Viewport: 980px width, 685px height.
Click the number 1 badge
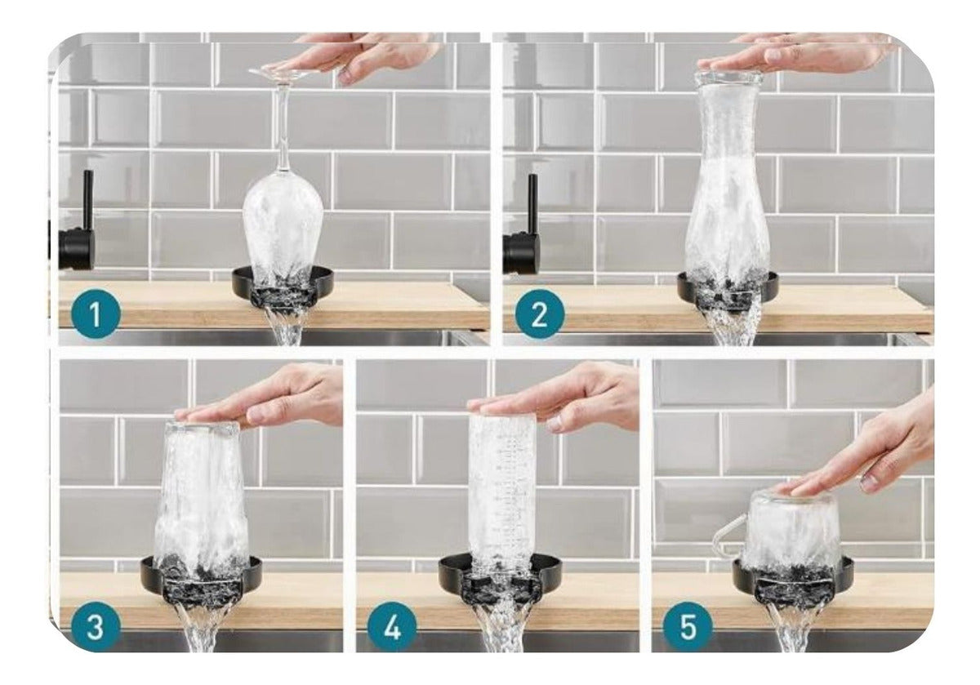click(95, 314)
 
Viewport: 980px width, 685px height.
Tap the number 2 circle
click(540, 314)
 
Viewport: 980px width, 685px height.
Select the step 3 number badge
click(95, 627)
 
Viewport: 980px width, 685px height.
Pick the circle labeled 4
click(391, 627)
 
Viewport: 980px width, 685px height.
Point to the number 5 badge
click(688, 627)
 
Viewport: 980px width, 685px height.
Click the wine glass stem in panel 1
click(283, 127)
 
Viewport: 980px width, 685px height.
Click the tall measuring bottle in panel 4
click(501, 492)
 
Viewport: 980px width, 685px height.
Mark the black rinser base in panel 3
click(201, 580)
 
